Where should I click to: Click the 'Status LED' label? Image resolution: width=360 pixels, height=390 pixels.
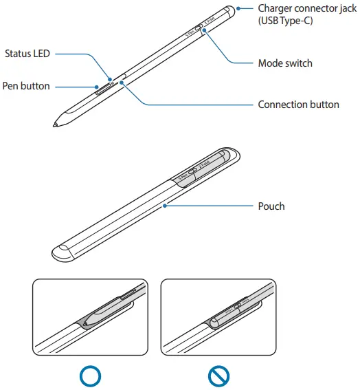(x=27, y=54)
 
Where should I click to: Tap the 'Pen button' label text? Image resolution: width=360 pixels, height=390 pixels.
(x=25, y=87)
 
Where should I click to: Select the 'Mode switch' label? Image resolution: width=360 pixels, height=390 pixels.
(x=284, y=63)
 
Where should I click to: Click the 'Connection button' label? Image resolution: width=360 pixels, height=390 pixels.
(x=298, y=105)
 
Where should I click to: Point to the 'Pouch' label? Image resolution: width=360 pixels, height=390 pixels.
(x=271, y=206)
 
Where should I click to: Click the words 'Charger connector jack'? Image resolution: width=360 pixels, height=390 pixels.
(x=306, y=8)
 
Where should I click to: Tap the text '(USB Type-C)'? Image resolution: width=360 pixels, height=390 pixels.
(x=285, y=21)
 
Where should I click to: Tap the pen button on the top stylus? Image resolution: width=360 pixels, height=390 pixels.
(x=105, y=89)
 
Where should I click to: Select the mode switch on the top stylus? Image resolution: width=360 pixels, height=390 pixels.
(x=198, y=29)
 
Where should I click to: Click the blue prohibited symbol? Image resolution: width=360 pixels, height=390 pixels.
(x=218, y=376)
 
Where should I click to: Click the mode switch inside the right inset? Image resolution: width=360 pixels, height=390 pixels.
(x=237, y=305)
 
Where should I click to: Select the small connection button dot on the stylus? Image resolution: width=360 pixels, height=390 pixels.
(x=122, y=82)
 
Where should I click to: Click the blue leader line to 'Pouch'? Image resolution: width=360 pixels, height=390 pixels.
(x=213, y=206)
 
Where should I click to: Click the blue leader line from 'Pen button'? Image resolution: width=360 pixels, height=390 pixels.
(x=76, y=87)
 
